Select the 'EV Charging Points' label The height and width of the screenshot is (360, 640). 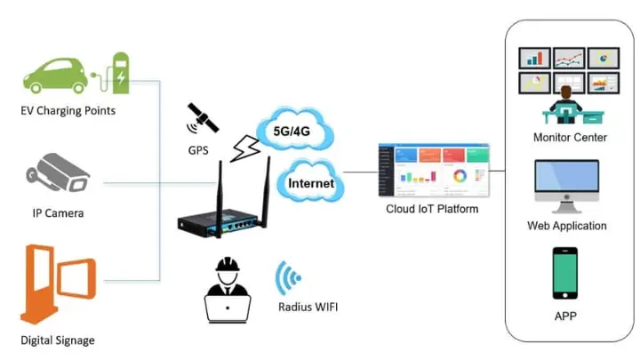pyautogui.click(x=68, y=111)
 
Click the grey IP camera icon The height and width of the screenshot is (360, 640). pyautogui.click(x=61, y=175)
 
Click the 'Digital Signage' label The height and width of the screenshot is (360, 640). pyautogui.click(x=58, y=340)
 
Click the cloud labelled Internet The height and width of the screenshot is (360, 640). pyautogui.click(x=310, y=183)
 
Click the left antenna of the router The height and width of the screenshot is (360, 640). pyautogui.click(x=216, y=191)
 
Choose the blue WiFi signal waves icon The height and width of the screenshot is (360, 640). pyautogui.click(x=287, y=278)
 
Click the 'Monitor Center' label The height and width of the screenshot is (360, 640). pyautogui.click(x=570, y=138)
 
